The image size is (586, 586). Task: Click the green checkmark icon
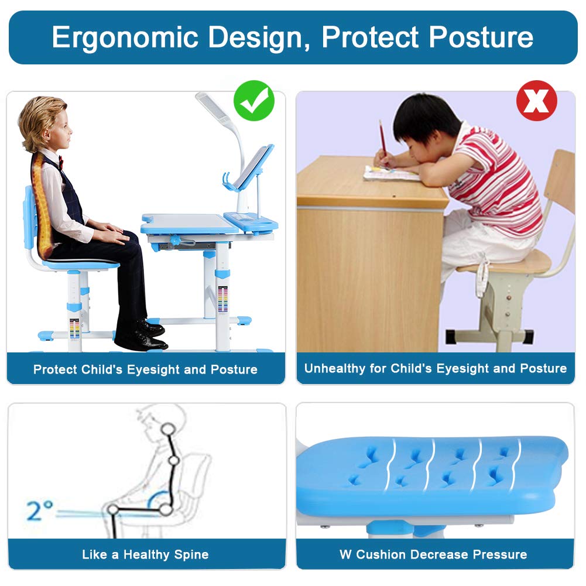254,101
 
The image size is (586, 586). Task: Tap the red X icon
536,101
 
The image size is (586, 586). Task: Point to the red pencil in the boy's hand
382,138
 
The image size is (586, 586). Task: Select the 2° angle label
40,510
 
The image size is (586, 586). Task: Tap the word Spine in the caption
190,554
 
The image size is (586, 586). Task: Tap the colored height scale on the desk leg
222,299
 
